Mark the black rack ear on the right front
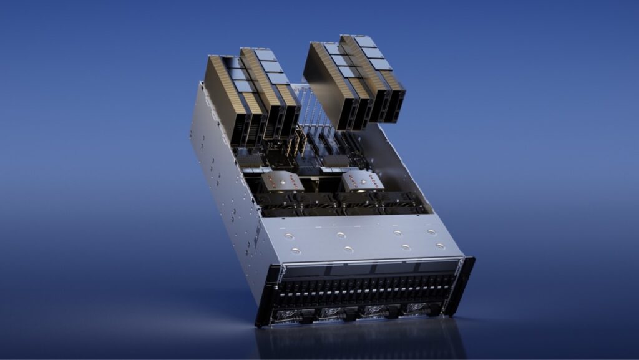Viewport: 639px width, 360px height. (465, 284)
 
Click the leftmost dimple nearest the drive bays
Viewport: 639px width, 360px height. (296, 251)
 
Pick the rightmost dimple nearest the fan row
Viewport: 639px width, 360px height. (431, 232)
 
